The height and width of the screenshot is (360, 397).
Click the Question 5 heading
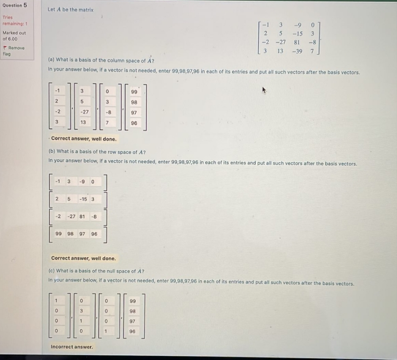click(x=14, y=5)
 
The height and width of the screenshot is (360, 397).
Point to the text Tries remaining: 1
click(x=13, y=21)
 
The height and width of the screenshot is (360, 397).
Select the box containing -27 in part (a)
click(x=84, y=112)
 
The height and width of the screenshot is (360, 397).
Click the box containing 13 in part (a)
click(x=83, y=122)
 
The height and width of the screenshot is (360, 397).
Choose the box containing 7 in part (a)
click(x=107, y=122)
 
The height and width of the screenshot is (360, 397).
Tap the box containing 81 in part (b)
click(x=82, y=216)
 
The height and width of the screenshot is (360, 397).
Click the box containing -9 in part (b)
click(x=83, y=181)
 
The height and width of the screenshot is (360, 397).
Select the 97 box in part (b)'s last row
click(x=82, y=234)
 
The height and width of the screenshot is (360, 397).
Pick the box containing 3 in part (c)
click(x=81, y=310)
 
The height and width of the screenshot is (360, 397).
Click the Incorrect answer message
click(x=72, y=347)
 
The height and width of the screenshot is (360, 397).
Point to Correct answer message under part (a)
click(x=83, y=139)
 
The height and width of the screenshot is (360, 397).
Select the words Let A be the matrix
click(x=70, y=9)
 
